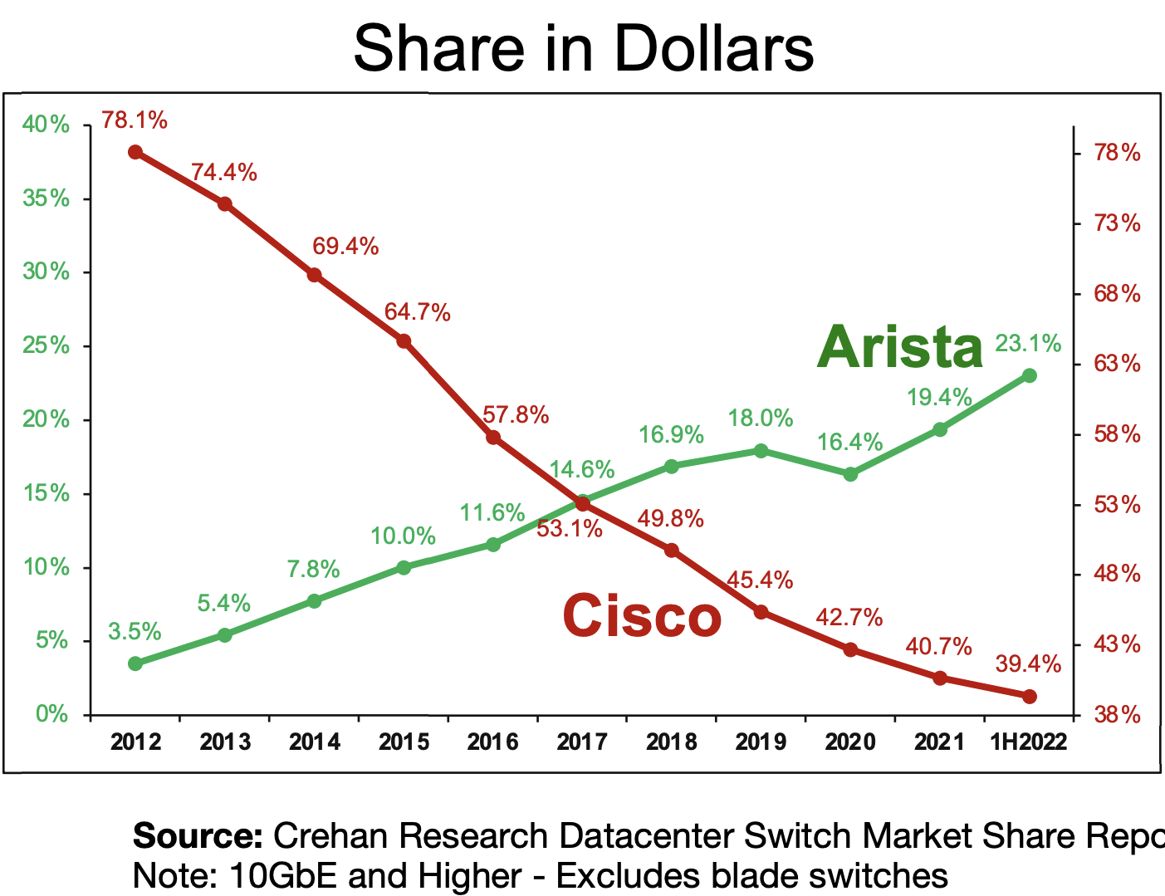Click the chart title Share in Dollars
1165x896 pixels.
click(x=583, y=48)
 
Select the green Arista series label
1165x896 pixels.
click(x=900, y=347)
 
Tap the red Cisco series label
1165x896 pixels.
click(x=641, y=616)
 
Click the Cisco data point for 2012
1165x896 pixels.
click(x=135, y=152)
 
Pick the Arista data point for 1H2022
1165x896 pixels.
click(x=1030, y=375)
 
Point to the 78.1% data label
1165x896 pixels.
click(x=135, y=121)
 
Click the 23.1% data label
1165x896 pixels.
click(x=1028, y=344)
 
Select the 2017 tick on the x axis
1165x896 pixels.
click(x=582, y=742)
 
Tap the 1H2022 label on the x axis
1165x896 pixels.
click(x=1028, y=742)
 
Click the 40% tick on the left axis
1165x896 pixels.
click(x=46, y=125)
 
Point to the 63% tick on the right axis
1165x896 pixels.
click(x=1117, y=364)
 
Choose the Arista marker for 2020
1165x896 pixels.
click(x=850, y=474)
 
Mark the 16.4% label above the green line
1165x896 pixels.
click(x=849, y=443)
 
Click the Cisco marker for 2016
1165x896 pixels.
click(x=493, y=438)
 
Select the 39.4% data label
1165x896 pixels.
click(x=1028, y=664)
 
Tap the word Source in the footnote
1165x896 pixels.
click(x=198, y=836)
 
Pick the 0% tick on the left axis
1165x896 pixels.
click(x=51, y=714)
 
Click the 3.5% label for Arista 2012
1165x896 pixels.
click(x=135, y=632)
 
